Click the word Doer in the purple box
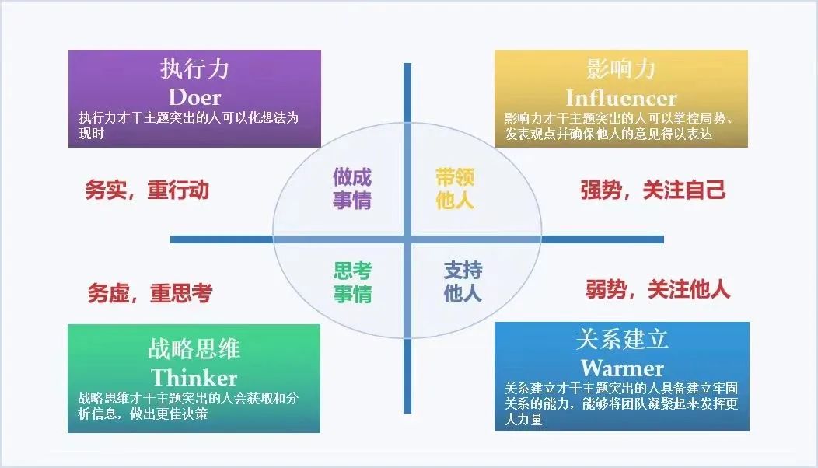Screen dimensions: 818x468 [194, 98]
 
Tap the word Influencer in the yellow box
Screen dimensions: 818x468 [621, 98]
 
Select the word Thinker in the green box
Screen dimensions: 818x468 [194, 378]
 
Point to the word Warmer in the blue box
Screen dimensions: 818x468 [622, 368]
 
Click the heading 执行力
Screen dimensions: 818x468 [194, 69]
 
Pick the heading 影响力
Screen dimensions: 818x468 [620, 69]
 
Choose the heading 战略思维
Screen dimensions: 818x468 [194, 349]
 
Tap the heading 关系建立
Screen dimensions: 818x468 [622, 339]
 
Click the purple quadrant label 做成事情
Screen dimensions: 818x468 [352, 188]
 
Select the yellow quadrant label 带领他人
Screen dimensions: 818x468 [455, 188]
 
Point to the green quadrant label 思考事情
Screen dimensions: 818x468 [353, 282]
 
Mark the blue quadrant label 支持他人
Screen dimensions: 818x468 [463, 281]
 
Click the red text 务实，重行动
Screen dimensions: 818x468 [147, 190]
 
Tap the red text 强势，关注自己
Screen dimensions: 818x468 [652, 190]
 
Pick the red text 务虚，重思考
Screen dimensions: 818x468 [150, 293]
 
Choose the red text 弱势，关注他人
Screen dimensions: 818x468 [658, 289]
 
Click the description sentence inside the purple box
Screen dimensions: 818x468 [188, 125]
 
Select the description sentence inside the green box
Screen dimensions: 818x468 [188, 406]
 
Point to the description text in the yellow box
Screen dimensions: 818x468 [619, 126]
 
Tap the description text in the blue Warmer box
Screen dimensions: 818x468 [620, 403]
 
